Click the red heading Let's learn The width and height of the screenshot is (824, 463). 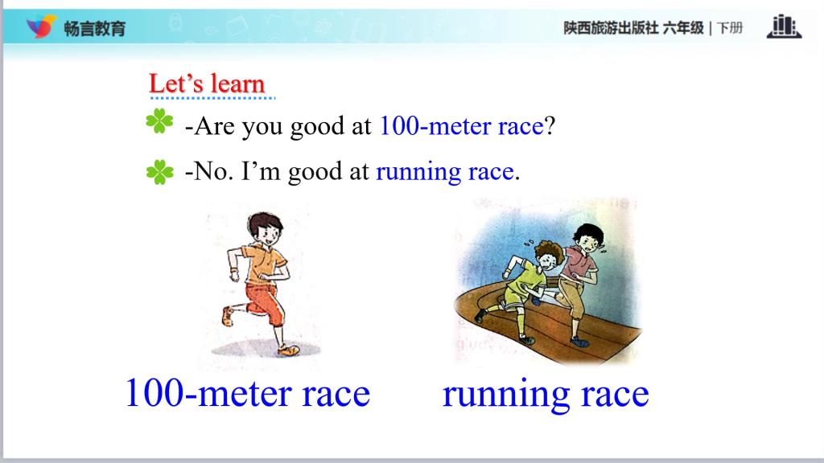(207, 84)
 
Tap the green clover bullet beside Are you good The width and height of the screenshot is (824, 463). (159, 121)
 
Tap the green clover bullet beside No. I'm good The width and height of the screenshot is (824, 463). (160, 172)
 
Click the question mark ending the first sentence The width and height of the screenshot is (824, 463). (550, 126)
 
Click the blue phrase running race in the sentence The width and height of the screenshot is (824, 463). (444, 172)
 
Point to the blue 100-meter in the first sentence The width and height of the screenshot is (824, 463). (435, 126)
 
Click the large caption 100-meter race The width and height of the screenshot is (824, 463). (248, 393)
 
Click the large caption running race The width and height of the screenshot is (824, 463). (546, 394)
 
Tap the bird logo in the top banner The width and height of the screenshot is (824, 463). (41, 27)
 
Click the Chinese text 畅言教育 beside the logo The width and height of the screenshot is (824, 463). (95, 28)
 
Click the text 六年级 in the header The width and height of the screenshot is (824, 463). (682, 28)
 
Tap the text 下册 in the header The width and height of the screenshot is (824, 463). (730, 28)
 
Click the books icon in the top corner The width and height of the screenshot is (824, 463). (784, 27)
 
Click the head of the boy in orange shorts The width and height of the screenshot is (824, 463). (266, 227)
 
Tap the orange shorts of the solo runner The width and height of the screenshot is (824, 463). (265, 303)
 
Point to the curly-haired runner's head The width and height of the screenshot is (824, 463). (549, 255)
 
